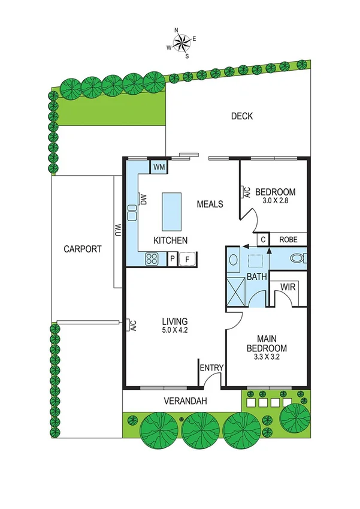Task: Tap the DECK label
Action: tap(242, 116)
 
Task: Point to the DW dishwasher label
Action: tap(144, 199)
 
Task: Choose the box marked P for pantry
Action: tap(172, 259)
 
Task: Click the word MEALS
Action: tap(210, 204)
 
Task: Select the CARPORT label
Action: tap(83, 249)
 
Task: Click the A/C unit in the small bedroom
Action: tap(246, 192)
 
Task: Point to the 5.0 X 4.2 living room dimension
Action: tap(175, 330)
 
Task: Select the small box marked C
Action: tap(263, 239)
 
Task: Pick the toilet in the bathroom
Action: tap(298, 259)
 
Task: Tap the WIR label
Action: tap(289, 288)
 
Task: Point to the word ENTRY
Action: tap(211, 368)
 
